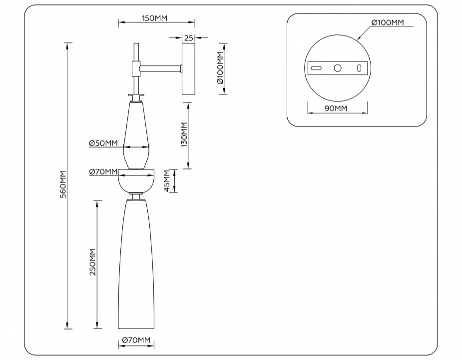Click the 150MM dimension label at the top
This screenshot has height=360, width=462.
tap(154, 18)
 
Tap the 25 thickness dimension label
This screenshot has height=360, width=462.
tap(189, 37)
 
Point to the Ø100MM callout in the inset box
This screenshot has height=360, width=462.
tap(388, 23)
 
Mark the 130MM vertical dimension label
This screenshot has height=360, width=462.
tap(183, 135)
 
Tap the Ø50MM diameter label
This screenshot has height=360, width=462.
tap(103, 143)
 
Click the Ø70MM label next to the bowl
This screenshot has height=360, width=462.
tap(103, 172)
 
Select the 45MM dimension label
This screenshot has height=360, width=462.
tap(167, 181)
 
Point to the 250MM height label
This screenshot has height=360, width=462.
tap(92, 263)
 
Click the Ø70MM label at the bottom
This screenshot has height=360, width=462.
tap(136, 340)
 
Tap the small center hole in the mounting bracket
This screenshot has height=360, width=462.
tap(338, 68)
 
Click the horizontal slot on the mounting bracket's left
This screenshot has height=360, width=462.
tap(316, 68)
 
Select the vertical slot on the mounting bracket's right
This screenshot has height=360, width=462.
tap(359, 68)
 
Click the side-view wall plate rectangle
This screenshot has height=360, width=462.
tap(189, 68)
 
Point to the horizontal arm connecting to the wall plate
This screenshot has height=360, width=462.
tap(161, 67)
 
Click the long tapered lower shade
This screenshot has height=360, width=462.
tap(136, 265)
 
